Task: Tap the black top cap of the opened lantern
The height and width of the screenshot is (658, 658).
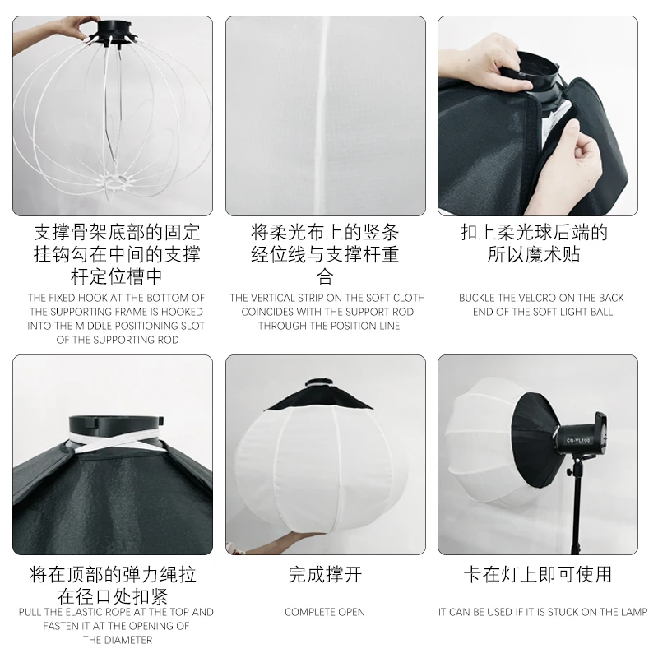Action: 321,395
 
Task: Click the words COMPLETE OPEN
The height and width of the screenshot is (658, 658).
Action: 325,612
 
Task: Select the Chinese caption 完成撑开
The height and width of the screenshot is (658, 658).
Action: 325,575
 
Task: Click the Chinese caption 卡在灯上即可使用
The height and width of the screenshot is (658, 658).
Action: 538,575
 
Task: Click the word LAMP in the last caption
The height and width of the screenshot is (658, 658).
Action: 631,612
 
